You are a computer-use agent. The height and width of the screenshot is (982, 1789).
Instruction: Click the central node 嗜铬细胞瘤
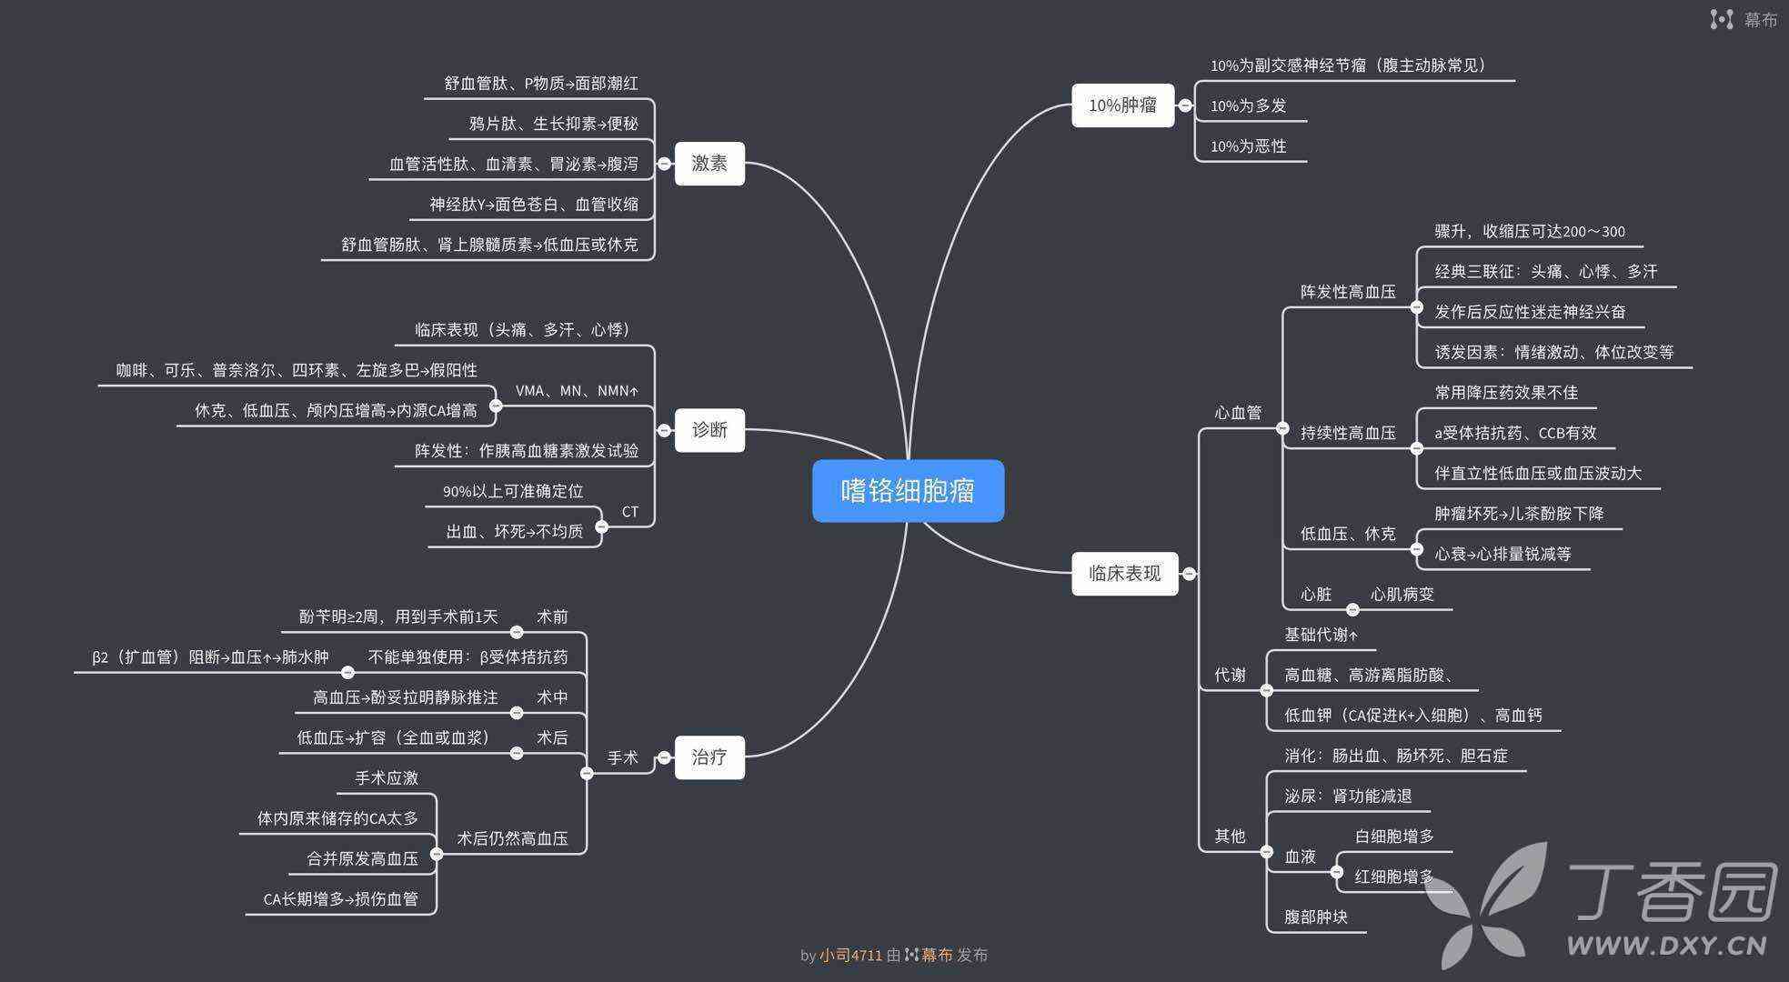click(x=908, y=491)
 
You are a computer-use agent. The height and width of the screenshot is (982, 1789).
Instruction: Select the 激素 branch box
click(x=709, y=164)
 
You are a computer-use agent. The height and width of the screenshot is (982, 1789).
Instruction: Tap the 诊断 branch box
click(x=709, y=430)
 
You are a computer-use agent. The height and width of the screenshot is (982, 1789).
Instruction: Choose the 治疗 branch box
click(x=709, y=757)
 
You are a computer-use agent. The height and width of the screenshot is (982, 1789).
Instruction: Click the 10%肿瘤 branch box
click(x=1122, y=105)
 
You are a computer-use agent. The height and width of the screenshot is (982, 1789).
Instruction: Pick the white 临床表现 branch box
click(x=1124, y=574)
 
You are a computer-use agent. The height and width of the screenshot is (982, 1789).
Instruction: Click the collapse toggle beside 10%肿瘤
click(x=1185, y=105)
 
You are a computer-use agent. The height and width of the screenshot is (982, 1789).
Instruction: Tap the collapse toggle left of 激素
click(x=664, y=164)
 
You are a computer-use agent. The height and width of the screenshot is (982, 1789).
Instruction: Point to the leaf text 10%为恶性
click(x=1248, y=146)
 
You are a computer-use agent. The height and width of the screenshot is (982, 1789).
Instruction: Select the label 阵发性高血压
click(x=1347, y=292)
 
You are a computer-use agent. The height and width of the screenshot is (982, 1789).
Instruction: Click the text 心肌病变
click(x=1402, y=595)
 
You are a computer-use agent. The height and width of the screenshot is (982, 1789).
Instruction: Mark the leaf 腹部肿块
click(x=1315, y=917)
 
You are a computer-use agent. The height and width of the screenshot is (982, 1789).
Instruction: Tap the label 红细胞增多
click(x=1393, y=877)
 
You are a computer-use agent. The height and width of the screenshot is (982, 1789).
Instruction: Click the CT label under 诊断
click(x=629, y=512)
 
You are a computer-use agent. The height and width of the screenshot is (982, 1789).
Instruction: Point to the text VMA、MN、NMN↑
click(x=577, y=391)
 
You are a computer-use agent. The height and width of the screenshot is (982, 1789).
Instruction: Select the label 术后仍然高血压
click(x=512, y=838)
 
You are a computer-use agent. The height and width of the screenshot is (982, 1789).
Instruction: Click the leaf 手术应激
click(x=387, y=778)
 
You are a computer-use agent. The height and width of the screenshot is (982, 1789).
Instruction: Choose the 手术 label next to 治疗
click(x=622, y=757)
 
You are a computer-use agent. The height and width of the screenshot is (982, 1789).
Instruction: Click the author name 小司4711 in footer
click(x=850, y=955)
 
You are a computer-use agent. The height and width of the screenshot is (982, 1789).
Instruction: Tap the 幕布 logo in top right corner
click(x=1744, y=20)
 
